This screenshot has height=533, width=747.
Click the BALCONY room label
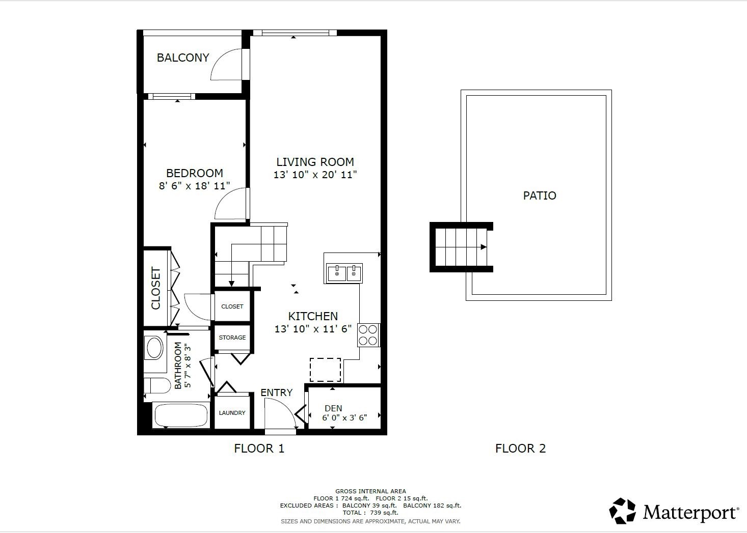pyautogui.click(x=183, y=58)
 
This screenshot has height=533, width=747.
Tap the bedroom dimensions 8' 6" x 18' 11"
pyautogui.click(x=194, y=186)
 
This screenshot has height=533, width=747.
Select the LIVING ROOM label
pyautogui.click(x=315, y=162)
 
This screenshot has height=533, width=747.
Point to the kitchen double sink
pyautogui.click(x=344, y=274)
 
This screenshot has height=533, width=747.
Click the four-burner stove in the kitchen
pyautogui.click(x=368, y=335)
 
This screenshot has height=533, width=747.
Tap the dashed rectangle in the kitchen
pyautogui.click(x=325, y=370)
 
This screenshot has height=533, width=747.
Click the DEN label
pyautogui.click(x=333, y=408)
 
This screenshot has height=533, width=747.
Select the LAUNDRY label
pyautogui.click(x=232, y=413)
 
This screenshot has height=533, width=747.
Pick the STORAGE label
pyautogui.click(x=232, y=338)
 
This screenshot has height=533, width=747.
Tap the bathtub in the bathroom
pyautogui.click(x=181, y=415)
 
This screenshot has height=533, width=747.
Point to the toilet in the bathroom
pyautogui.click(x=157, y=385)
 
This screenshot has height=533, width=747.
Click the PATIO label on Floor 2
pyautogui.click(x=540, y=195)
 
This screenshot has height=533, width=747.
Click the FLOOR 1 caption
pyautogui.click(x=259, y=448)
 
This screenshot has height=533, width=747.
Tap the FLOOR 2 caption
pyautogui.click(x=520, y=448)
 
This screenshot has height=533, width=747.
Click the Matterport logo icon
pyautogui.click(x=623, y=511)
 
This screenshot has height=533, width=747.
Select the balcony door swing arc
pyautogui.click(x=224, y=64)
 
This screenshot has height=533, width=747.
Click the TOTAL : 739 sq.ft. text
pyautogui.click(x=370, y=513)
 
